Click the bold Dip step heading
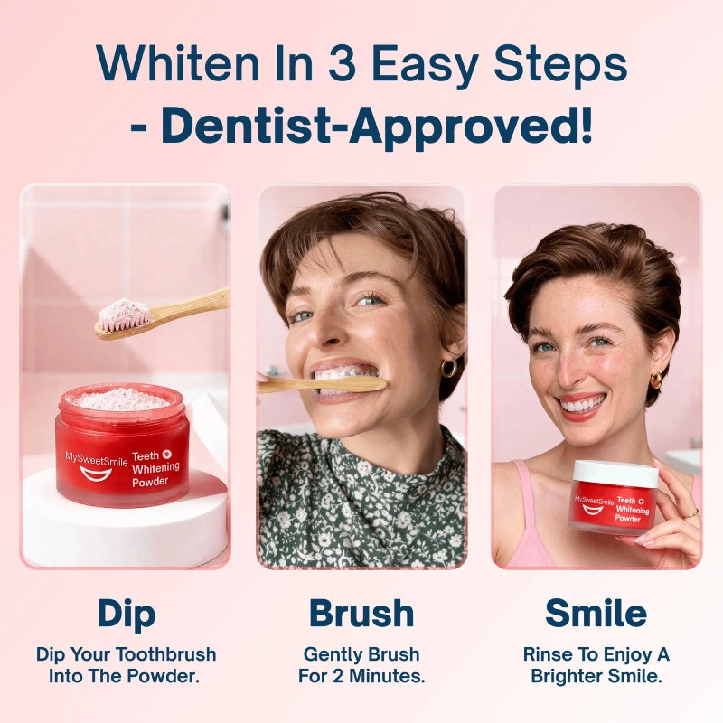point(126,614)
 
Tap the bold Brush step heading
point(361,614)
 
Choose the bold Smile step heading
point(596,614)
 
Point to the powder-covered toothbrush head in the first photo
point(124,314)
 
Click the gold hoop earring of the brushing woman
point(449,369)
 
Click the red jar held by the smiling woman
point(613,507)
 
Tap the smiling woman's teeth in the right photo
point(582,405)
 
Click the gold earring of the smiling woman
point(656,380)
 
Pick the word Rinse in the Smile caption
point(547,653)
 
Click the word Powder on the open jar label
point(150,482)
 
